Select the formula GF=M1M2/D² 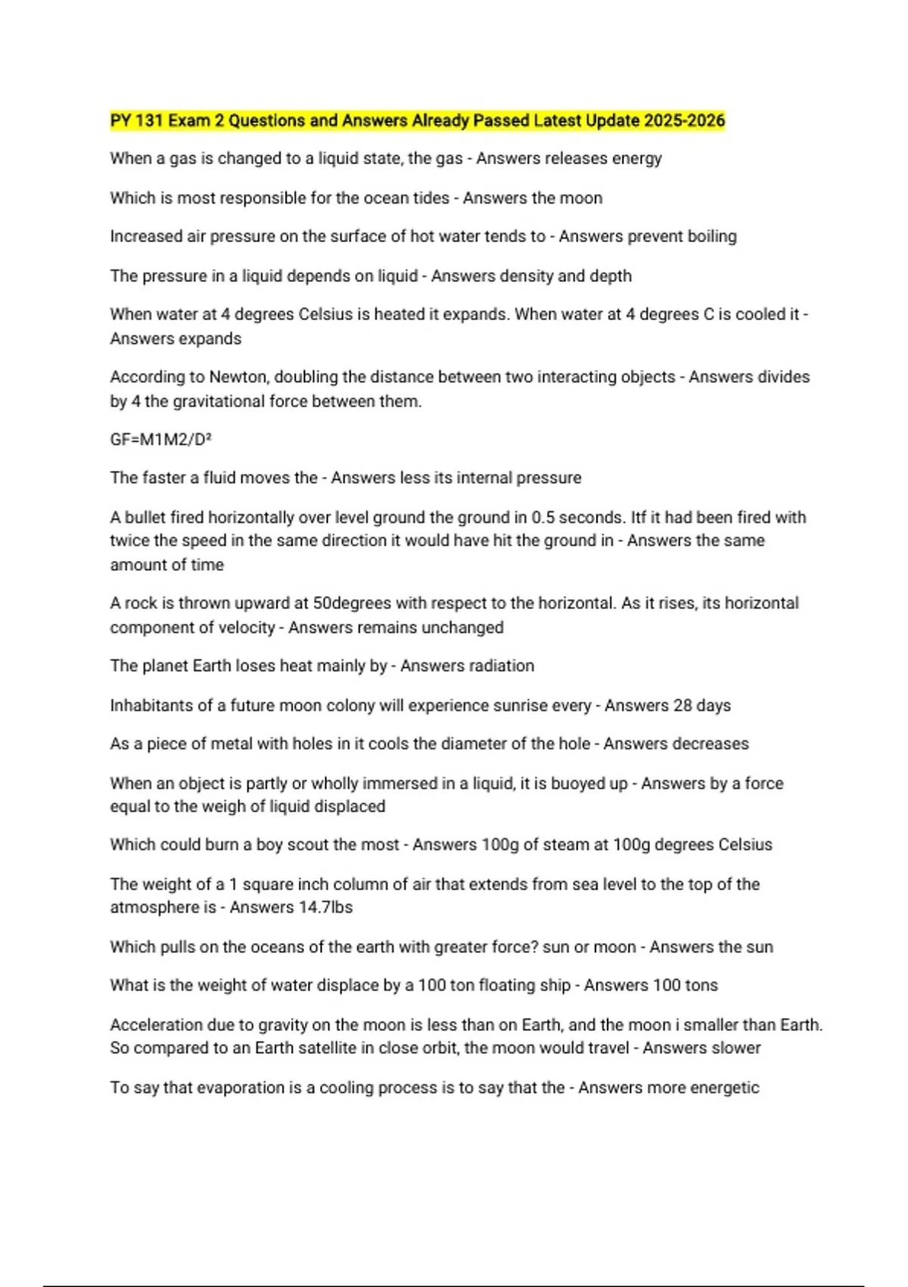click(160, 440)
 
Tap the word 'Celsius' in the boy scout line click(745, 845)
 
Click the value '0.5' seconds click(543, 518)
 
